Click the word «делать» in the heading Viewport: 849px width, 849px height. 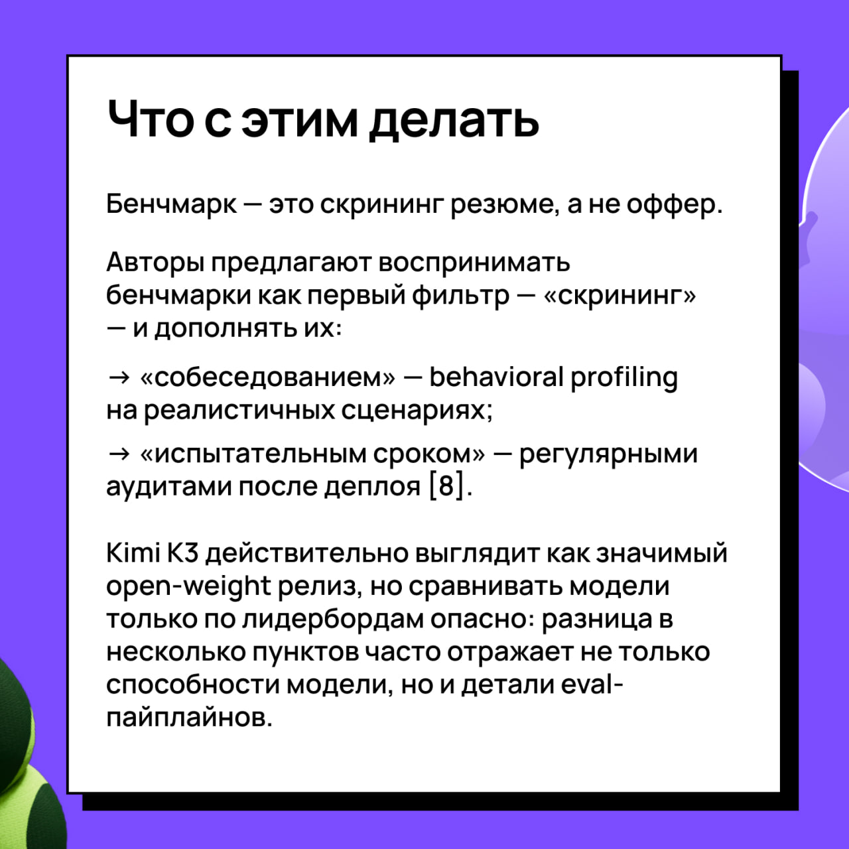tap(454, 121)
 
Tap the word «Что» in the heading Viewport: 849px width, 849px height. tap(151, 119)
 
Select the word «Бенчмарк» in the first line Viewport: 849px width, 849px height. tap(171, 204)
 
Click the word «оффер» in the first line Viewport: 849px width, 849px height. tap(670, 204)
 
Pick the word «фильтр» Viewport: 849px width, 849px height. tap(461, 295)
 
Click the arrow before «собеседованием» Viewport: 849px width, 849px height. tap(119, 377)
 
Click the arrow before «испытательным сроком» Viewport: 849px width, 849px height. tap(119, 454)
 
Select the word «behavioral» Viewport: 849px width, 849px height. tap(497, 377)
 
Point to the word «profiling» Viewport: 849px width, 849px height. tap(624, 379)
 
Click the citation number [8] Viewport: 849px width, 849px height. tap(447, 487)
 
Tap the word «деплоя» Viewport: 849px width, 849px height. tap(372, 488)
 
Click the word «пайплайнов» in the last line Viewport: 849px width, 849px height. tap(190, 718)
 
